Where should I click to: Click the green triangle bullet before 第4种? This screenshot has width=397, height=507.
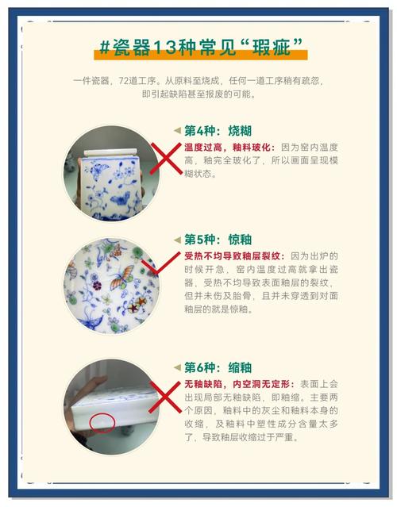pos(177,131)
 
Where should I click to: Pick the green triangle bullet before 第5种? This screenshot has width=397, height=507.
pos(177,239)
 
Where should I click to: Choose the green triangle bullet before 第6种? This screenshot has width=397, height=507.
pos(177,367)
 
